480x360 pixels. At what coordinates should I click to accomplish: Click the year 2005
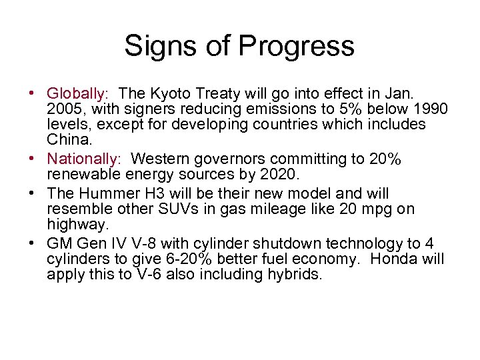(66, 109)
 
